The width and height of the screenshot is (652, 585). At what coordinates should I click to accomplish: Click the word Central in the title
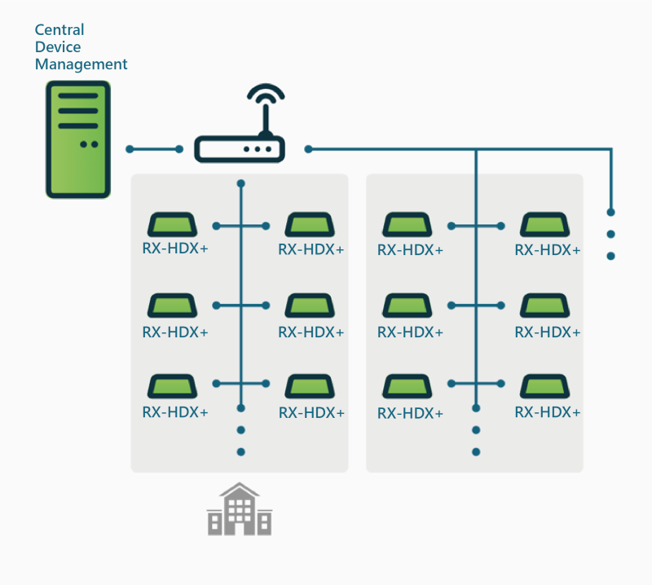click(x=59, y=30)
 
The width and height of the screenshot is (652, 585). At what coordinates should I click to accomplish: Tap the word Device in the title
click(x=58, y=47)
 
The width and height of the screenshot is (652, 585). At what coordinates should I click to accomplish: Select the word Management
click(x=81, y=64)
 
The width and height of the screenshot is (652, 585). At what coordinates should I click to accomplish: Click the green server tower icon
click(x=77, y=139)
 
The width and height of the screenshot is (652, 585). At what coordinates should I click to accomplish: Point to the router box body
click(x=239, y=149)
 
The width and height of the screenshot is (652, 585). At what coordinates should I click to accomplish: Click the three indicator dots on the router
click(x=258, y=150)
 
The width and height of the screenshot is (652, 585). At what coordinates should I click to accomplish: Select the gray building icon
click(x=240, y=510)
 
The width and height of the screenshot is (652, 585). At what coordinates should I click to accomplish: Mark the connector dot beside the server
click(x=130, y=149)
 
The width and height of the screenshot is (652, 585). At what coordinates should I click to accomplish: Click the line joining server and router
click(x=155, y=149)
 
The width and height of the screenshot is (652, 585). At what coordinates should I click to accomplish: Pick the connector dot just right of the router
click(x=308, y=149)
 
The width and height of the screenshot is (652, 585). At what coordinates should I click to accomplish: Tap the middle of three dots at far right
click(x=610, y=234)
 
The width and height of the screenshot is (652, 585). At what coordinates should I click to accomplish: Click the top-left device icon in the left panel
click(x=170, y=224)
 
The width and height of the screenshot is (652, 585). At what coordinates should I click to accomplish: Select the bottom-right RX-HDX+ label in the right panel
click(x=548, y=412)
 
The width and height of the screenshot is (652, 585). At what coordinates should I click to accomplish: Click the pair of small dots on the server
click(x=89, y=144)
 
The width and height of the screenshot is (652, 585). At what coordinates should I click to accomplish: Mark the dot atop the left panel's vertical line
click(x=240, y=183)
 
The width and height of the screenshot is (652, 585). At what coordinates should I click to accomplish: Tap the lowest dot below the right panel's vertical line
click(x=476, y=451)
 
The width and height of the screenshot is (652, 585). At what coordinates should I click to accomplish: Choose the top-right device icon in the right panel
click(x=544, y=224)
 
